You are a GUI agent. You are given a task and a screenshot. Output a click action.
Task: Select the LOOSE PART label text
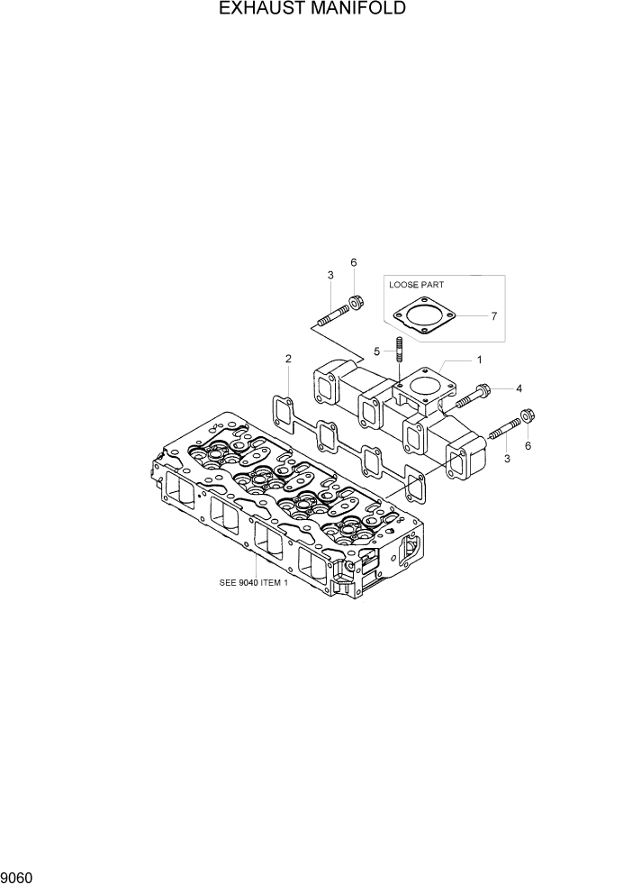[x=418, y=284]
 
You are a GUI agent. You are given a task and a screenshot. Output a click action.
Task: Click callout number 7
[x=493, y=316]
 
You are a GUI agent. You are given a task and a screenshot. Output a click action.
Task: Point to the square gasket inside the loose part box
[x=425, y=318]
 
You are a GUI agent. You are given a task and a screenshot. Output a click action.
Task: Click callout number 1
[x=479, y=359]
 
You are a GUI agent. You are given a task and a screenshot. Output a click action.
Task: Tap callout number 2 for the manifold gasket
[x=288, y=359]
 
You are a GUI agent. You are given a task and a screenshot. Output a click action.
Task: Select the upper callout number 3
[x=330, y=275]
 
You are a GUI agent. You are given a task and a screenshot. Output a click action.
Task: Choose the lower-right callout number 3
[x=507, y=459]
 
